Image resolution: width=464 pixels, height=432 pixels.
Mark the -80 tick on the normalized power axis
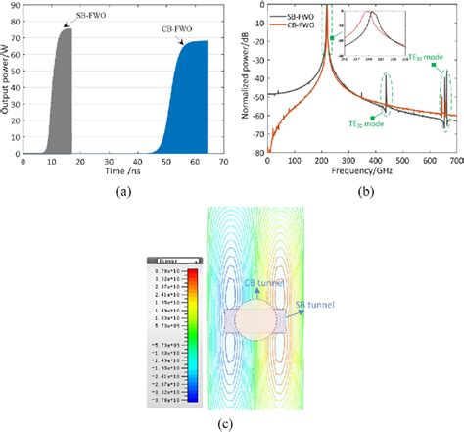tap(257, 153)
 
